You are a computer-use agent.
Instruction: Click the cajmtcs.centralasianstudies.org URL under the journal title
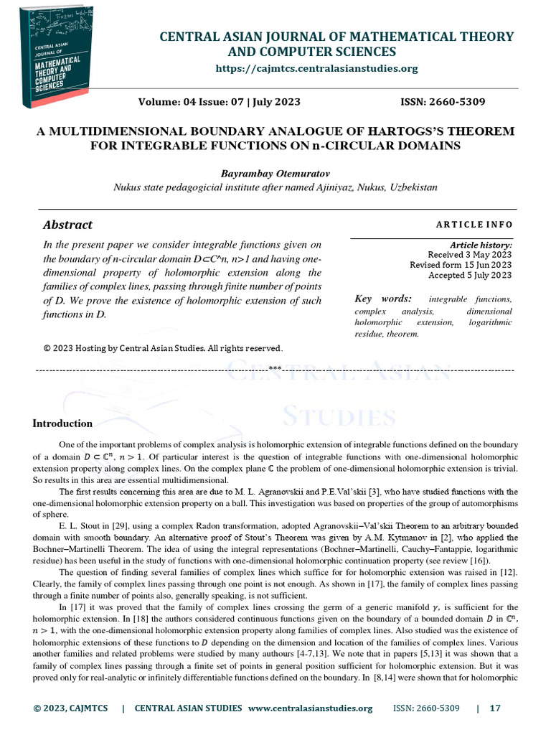click(x=316, y=68)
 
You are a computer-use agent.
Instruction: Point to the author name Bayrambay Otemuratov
click(x=275, y=173)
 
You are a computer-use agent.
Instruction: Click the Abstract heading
click(x=67, y=225)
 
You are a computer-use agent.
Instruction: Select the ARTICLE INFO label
click(x=474, y=225)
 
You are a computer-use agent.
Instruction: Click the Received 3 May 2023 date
click(x=470, y=255)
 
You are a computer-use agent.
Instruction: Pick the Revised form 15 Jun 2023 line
click(x=461, y=265)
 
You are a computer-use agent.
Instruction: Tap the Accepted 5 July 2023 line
click(x=470, y=275)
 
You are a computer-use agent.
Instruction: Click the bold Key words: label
click(x=383, y=299)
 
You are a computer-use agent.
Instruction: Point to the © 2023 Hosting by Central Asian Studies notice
click(x=163, y=348)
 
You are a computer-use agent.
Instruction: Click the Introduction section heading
click(x=62, y=423)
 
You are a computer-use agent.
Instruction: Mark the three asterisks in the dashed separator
click(x=275, y=368)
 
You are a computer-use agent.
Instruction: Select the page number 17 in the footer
click(x=495, y=708)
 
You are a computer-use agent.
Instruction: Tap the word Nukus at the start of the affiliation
click(x=128, y=187)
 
